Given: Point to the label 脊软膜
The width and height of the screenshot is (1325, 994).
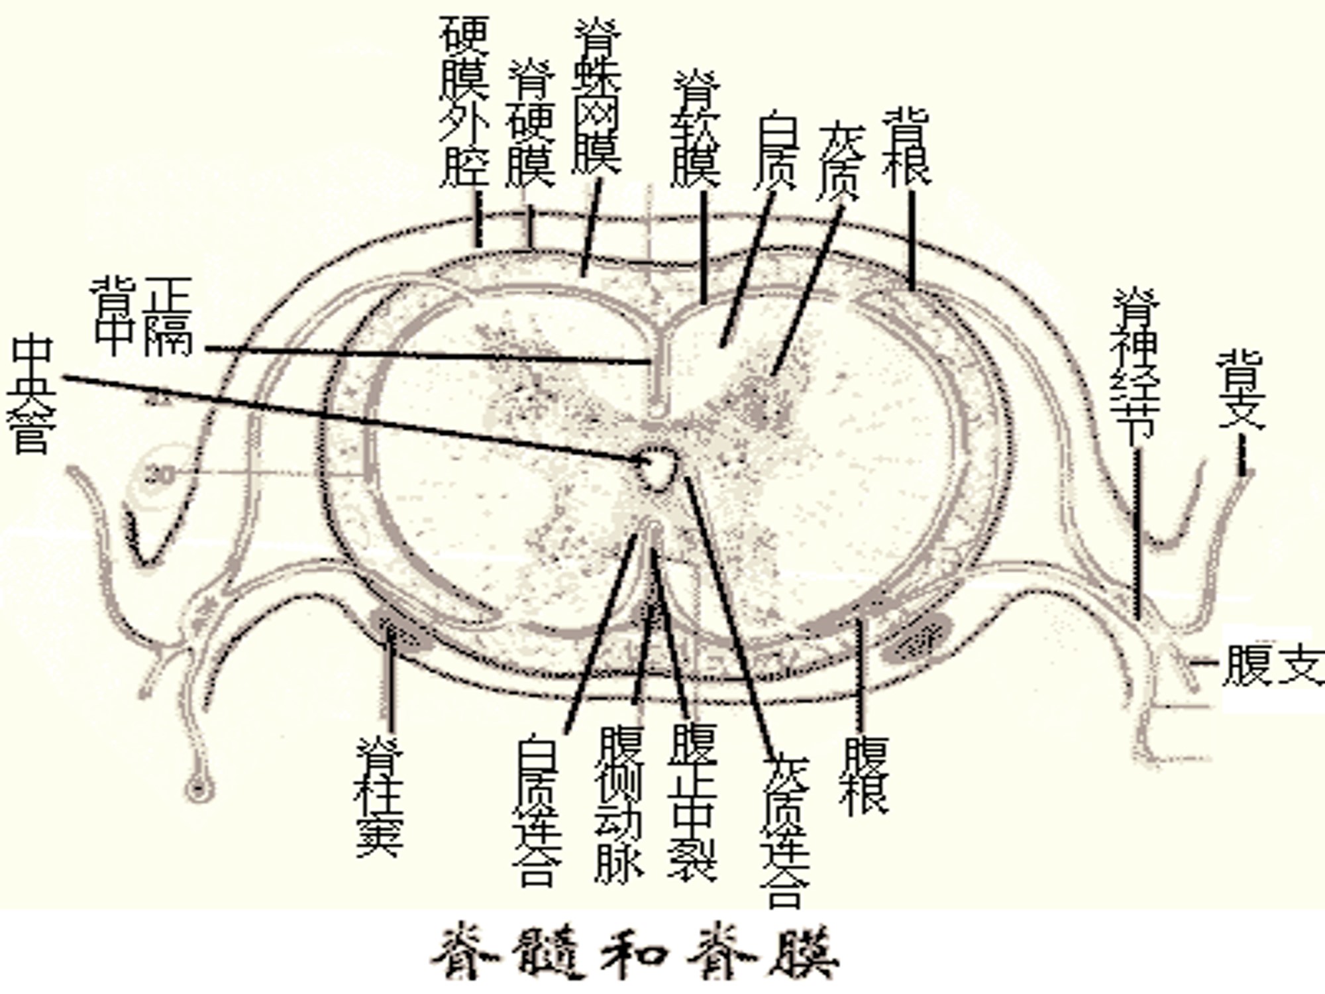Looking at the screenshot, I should [696, 129].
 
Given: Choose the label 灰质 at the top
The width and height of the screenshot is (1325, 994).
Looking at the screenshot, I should [841, 162].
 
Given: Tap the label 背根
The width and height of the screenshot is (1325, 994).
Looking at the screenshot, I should [906, 146].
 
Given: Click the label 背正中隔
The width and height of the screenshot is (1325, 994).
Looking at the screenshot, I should [142, 317].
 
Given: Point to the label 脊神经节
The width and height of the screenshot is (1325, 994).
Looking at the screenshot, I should [1136, 366].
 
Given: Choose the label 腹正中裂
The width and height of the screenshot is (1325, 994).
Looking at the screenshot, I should [692, 802].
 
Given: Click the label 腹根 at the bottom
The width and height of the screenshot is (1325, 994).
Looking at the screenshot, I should [863, 775].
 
